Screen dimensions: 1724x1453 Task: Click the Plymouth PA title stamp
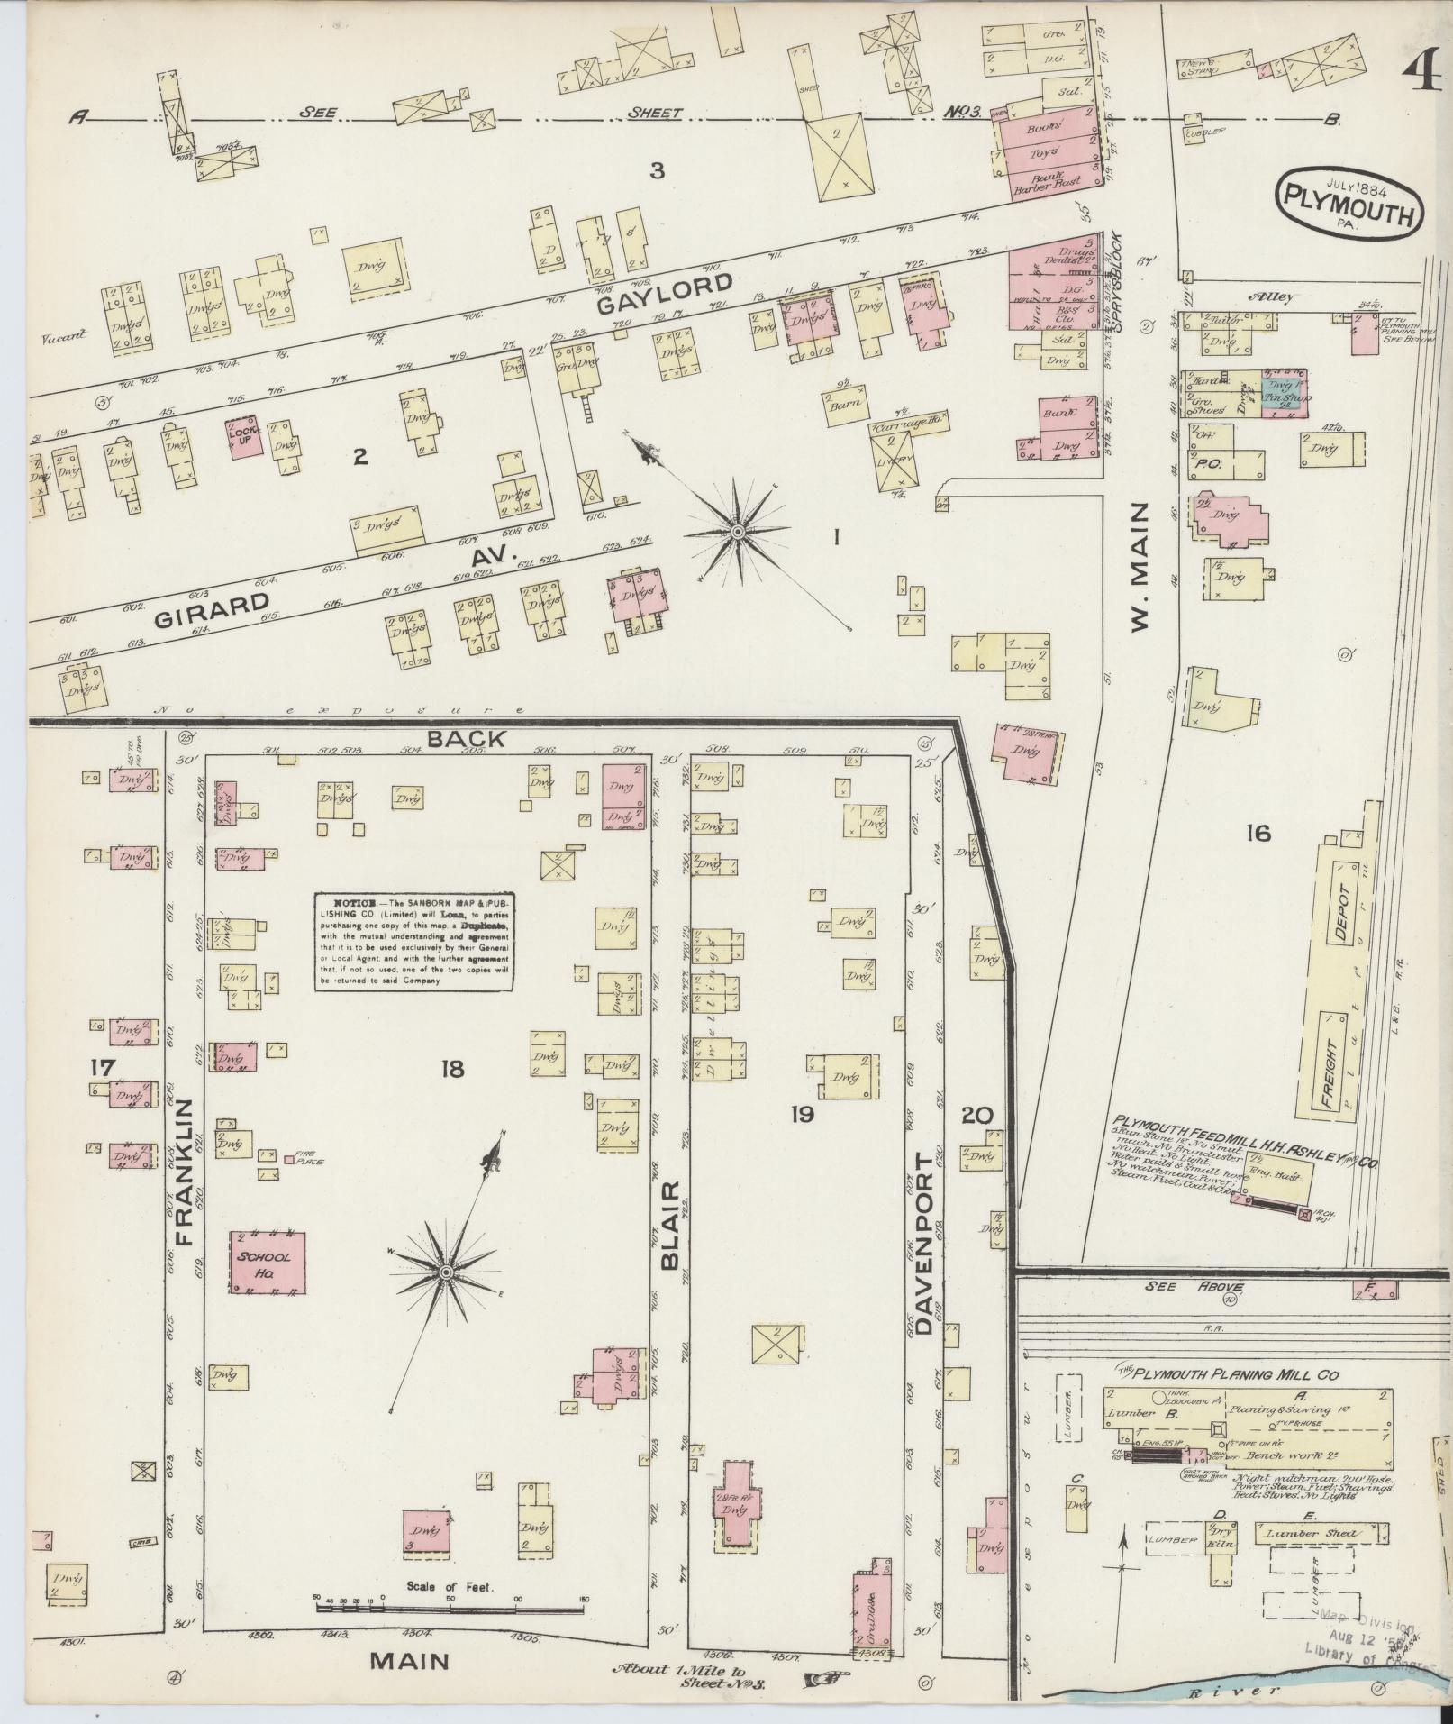1349,205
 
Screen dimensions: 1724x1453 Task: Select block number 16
1258,834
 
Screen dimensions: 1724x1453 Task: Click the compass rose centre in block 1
737,534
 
